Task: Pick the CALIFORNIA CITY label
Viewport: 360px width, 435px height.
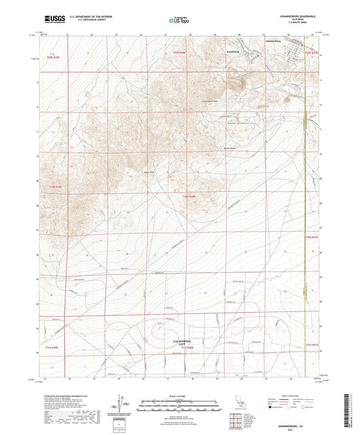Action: tap(178, 342)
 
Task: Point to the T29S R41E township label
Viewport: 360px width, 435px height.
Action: tap(310, 53)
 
